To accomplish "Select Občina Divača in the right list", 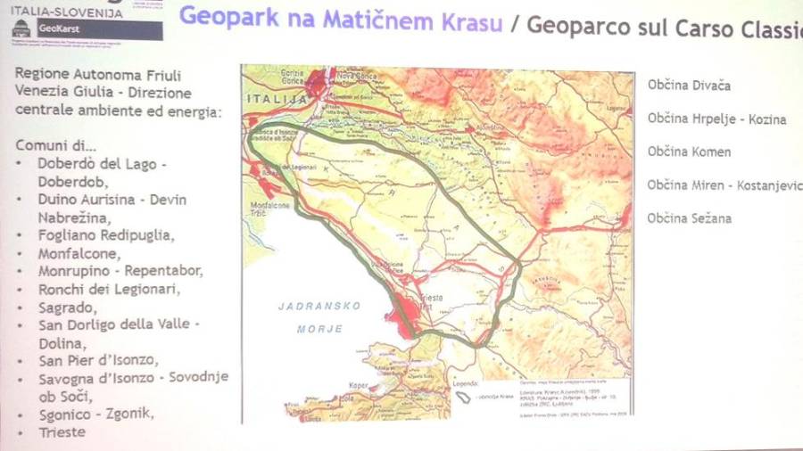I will click(689, 86).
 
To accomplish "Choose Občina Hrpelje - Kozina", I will click(716, 119).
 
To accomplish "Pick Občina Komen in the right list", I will click(689, 152).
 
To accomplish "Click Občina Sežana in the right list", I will click(689, 218).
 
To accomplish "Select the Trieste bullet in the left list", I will click(62, 432).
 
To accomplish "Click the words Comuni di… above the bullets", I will click(56, 146).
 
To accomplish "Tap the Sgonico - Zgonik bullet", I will click(95, 414).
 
